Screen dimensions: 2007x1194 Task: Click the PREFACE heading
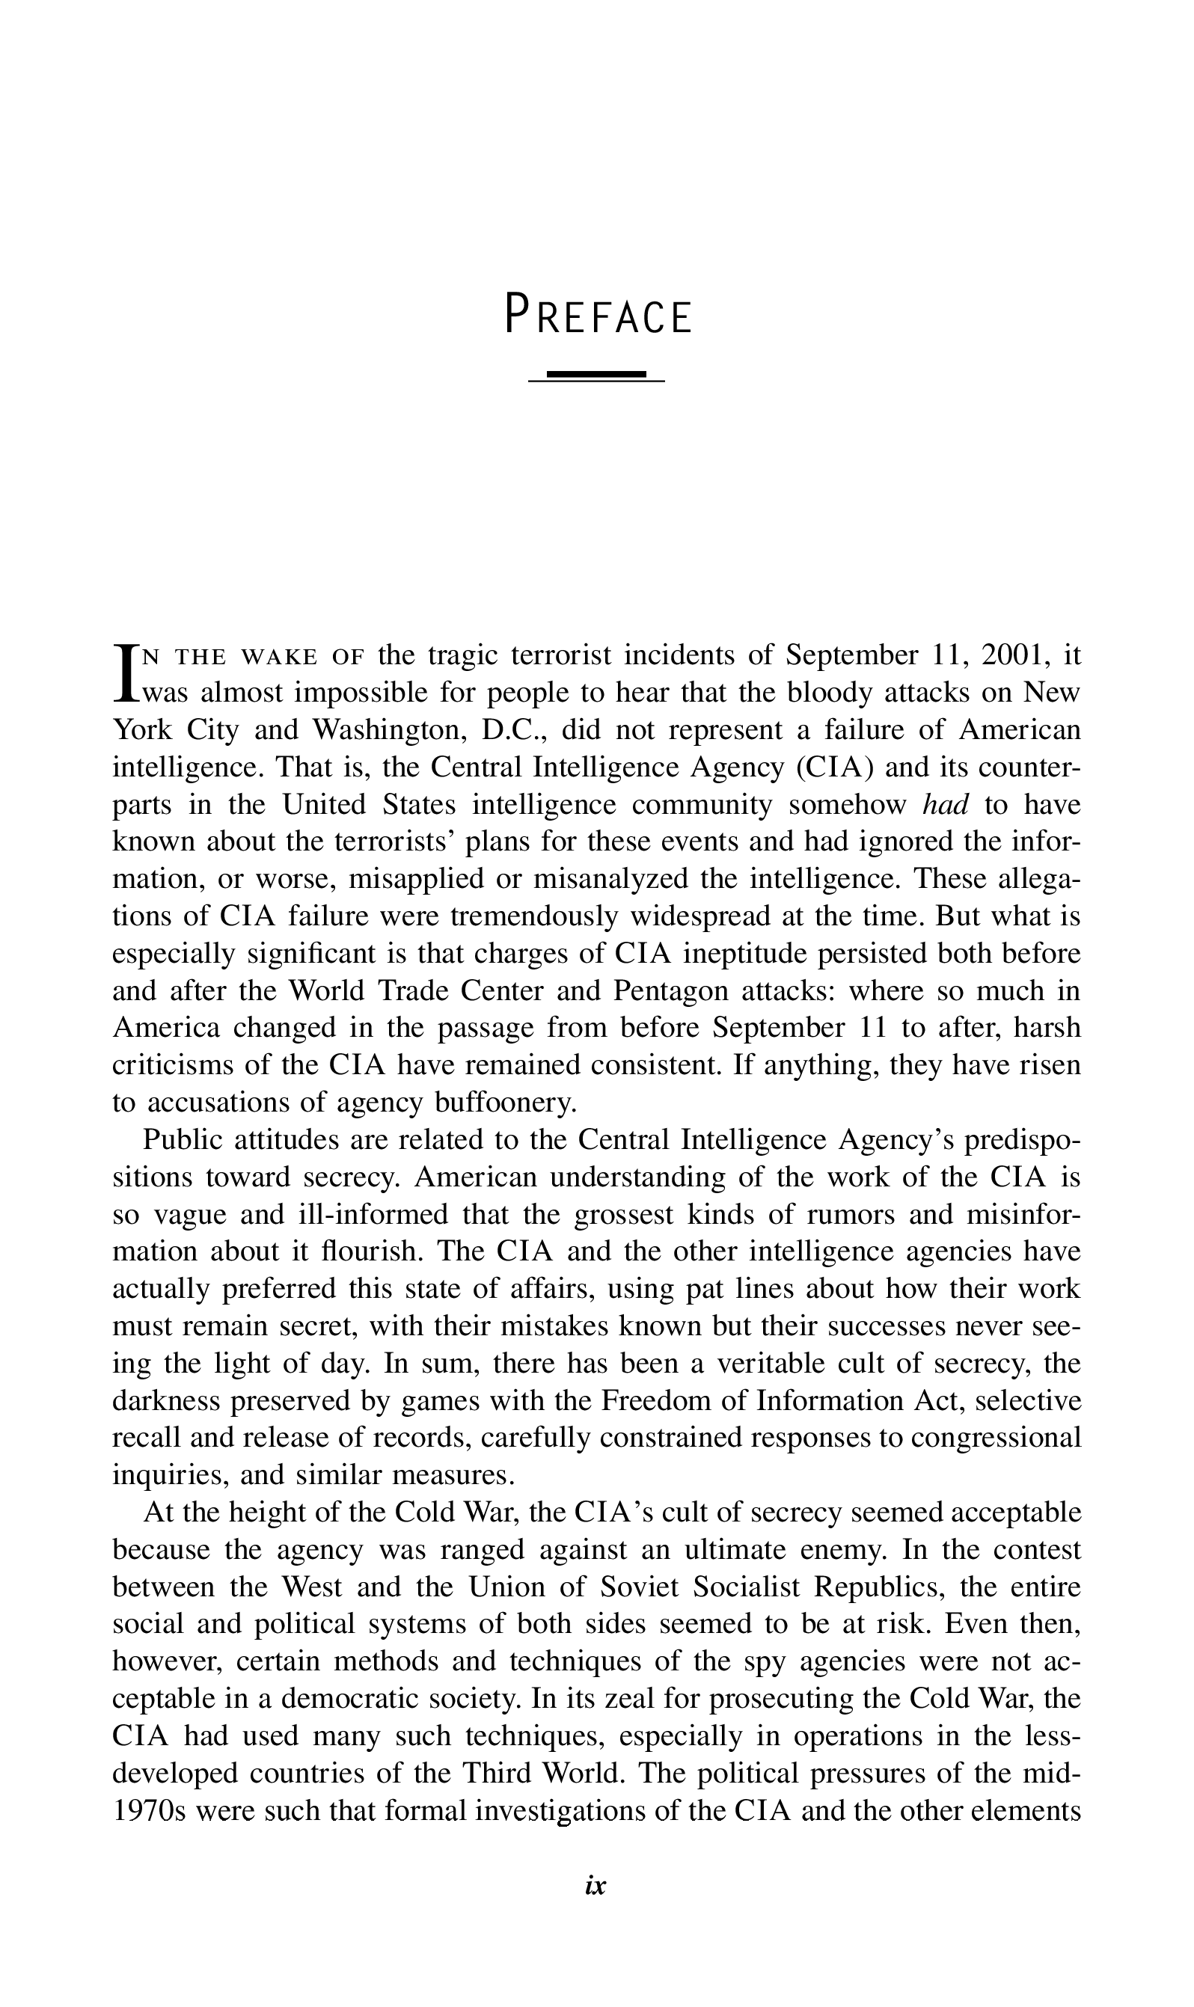[x=597, y=316]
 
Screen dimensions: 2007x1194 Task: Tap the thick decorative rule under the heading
[x=596, y=374]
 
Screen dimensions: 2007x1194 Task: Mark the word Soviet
[x=644, y=1587]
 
